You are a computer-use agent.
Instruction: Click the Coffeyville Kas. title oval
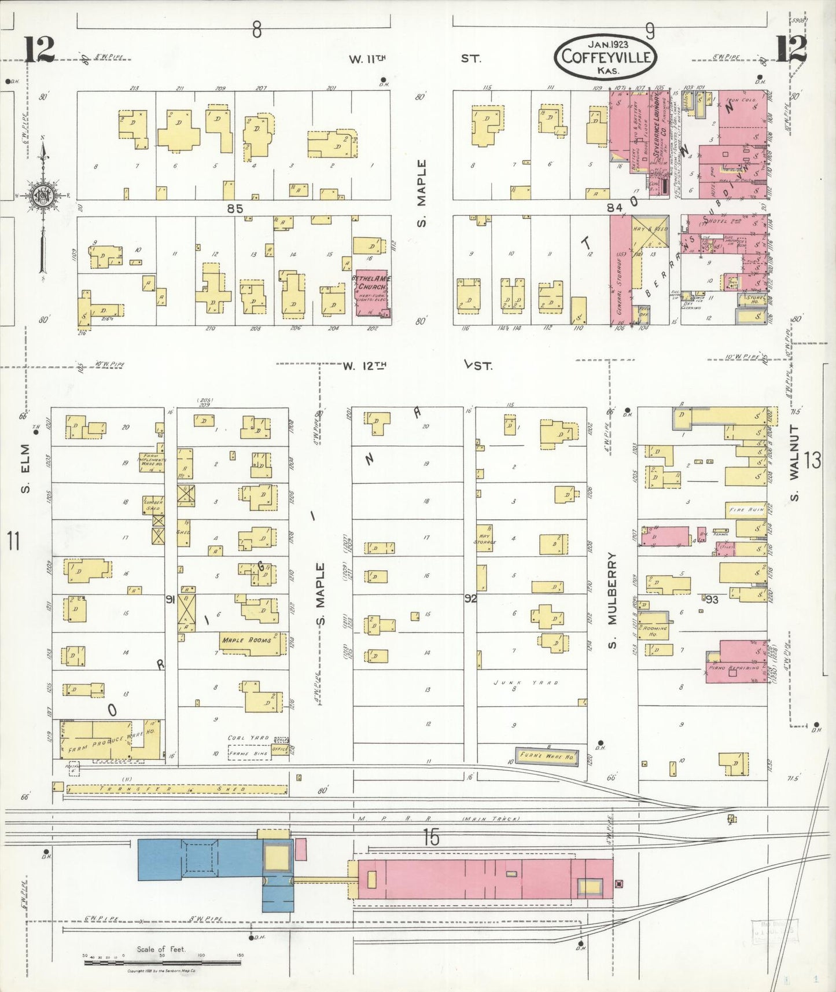[x=606, y=57]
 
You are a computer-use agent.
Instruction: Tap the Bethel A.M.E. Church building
[x=371, y=293]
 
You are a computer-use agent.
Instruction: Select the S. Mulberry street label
[x=613, y=601]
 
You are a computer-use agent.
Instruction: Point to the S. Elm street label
[x=25, y=473]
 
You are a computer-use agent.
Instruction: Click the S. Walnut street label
[x=794, y=463]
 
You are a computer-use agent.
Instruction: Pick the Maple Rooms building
[x=253, y=642]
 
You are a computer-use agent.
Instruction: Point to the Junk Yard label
[x=526, y=683]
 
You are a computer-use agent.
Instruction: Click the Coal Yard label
[x=248, y=738]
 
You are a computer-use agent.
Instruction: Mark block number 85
[x=235, y=208]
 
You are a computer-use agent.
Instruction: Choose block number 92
[x=470, y=598]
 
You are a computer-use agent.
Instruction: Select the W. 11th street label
[x=367, y=58]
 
